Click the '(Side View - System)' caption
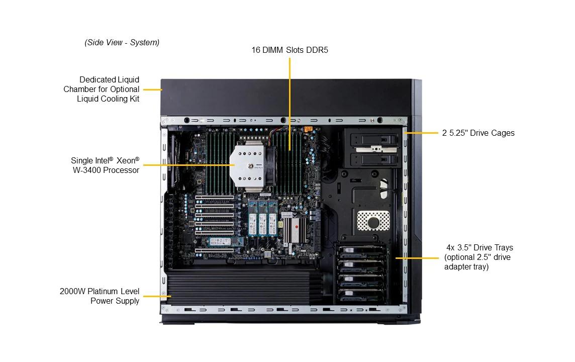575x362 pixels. tap(122, 43)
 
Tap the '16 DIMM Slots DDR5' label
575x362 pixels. tap(290, 50)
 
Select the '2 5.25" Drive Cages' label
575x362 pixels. tap(478, 133)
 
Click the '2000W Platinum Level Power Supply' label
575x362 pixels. tap(100, 296)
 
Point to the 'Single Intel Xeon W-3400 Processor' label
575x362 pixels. tap(105, 165)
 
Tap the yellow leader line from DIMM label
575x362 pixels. tap(290, 101)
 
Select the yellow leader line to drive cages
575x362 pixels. tap(422, 133)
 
